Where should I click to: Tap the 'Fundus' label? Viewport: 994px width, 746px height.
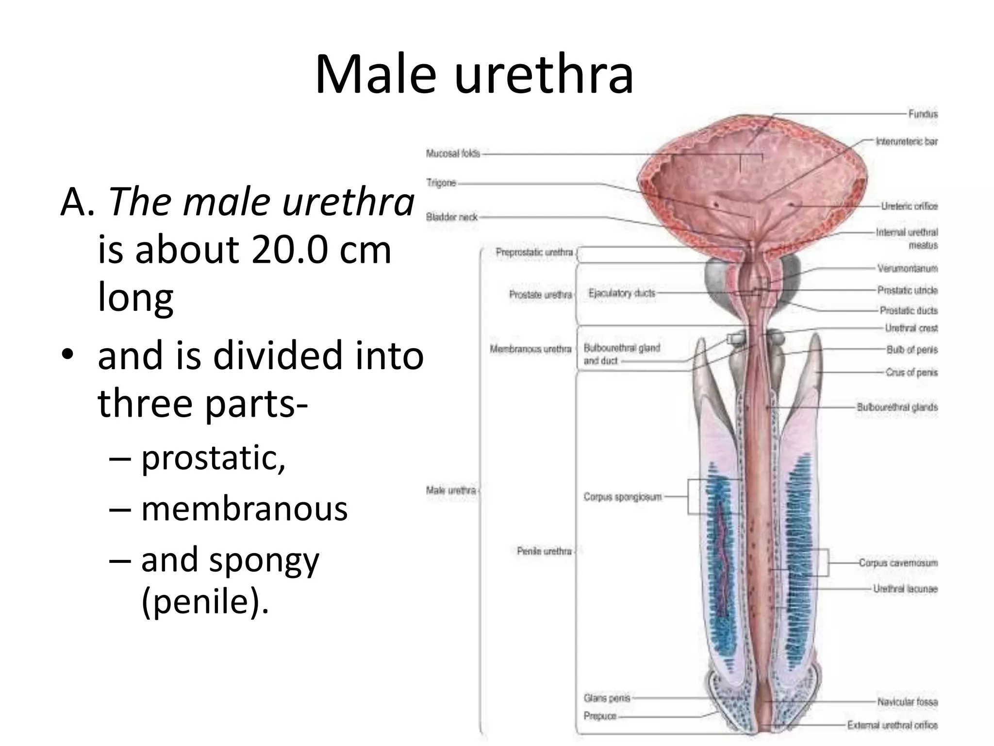[x=923, y=114]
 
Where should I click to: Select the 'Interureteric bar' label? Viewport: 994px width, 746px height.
[x=906, y=142]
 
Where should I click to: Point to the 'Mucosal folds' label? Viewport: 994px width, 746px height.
[x=453, y=153]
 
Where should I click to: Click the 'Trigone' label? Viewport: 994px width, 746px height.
[x=441, y=183]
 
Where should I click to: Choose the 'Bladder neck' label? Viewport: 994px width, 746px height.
[x=452, y=217]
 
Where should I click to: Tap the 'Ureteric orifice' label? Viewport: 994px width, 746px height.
[x=909, y=206]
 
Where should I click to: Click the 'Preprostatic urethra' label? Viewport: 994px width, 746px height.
[x=534, y=252]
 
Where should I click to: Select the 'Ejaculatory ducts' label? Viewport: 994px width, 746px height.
[x=622, y=293]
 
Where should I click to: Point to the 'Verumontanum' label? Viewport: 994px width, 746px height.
[x=907, y=268]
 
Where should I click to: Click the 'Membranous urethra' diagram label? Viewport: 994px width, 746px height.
[x=530, y=349]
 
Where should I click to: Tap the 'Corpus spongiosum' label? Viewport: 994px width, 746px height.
[x=622, y=497]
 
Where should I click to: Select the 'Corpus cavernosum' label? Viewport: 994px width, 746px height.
[x=898, y=563]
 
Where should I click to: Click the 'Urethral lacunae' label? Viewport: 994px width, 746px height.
[x=905, y=589]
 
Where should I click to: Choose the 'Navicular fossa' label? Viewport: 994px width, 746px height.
[x=907, y=702]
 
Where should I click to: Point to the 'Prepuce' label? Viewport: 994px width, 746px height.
[x=600, y=716]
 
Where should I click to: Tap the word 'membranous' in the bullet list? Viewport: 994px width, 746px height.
[x=244, y=509]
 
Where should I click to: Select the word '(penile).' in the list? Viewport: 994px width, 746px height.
[x=204, y=601]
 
